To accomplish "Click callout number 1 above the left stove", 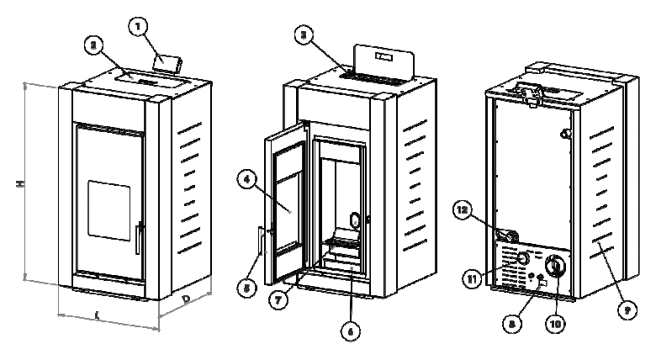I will coord(140,27).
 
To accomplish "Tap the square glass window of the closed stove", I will coord(108,207).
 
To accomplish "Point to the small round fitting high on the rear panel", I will coord(566,134).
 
